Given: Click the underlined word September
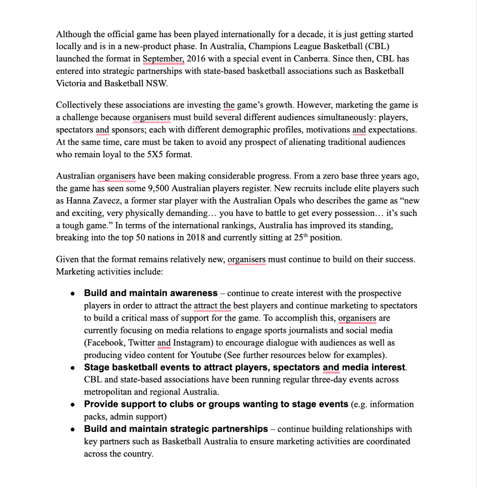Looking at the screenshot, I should [x=163, y=59].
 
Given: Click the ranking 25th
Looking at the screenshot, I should [x=299, y=238].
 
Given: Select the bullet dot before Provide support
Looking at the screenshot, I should [x=73, y=405].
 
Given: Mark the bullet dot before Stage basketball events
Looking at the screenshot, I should [x=73, y=367].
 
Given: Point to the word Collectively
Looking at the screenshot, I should [x=79, y=105].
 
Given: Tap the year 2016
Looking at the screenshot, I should [x=197, y=59].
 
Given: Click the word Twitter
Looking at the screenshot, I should [x=141, y=343].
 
